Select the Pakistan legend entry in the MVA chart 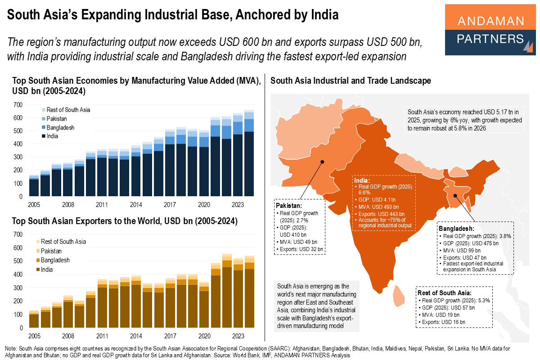pos(56,118)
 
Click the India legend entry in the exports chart pos(47,270)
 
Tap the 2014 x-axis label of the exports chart pos(136,336)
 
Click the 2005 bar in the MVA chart pos(34,185)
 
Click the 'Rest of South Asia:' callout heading pos(445,292)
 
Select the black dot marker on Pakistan pos(322,162)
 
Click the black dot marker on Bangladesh pos(454,196)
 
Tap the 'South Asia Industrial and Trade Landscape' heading pos(351,81)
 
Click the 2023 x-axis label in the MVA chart pos(238,204)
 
